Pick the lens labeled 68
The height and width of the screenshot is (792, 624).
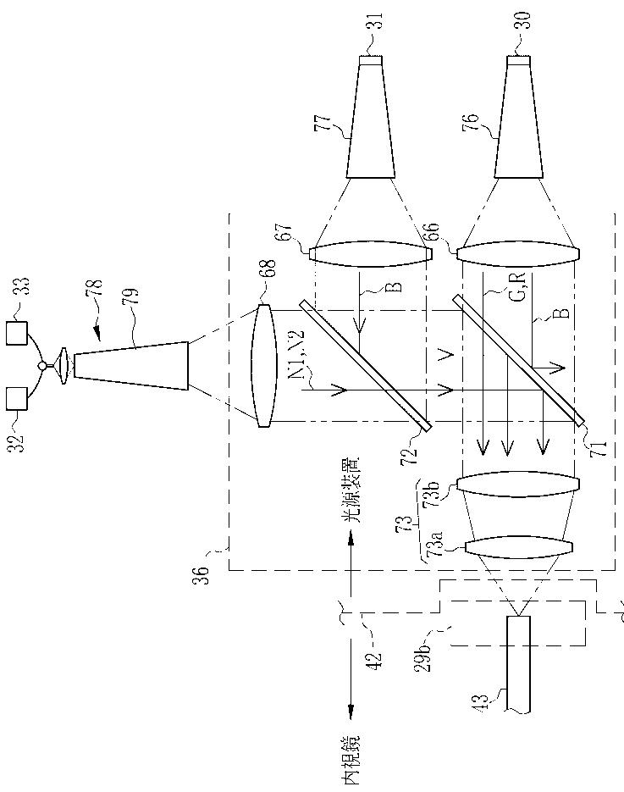pos(264,366)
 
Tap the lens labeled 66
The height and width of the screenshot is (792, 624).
pos(518,254)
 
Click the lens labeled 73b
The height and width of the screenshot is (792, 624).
pos(518,484)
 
